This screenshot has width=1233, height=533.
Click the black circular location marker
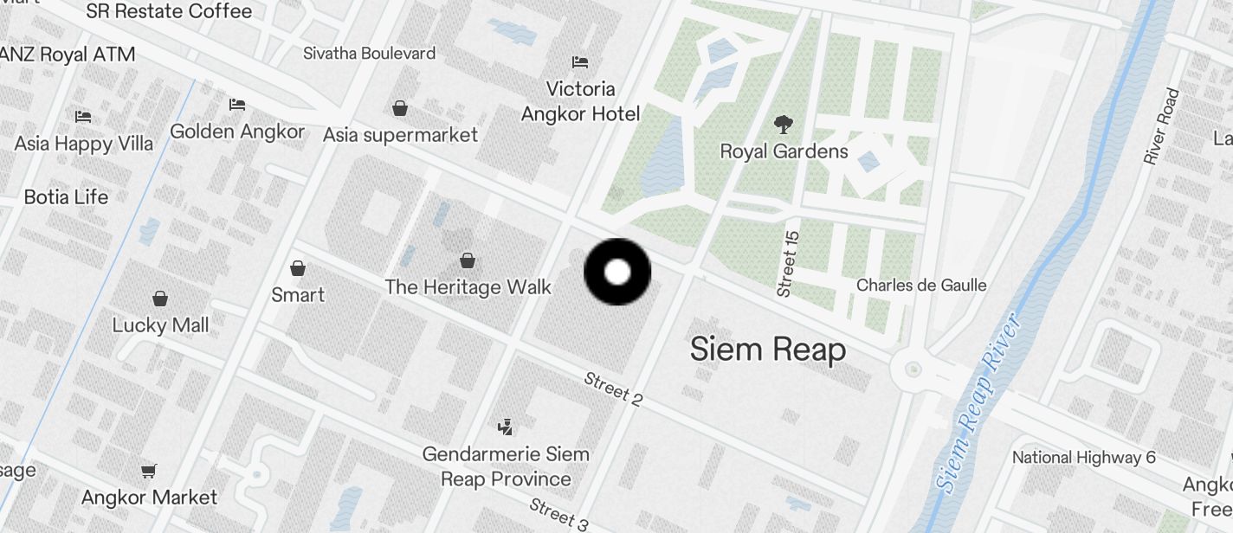[617, 273]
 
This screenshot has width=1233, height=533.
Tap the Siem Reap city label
[767, 350]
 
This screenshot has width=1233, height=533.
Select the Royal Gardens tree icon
[783, 125]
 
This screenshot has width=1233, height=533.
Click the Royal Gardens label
[784, 151]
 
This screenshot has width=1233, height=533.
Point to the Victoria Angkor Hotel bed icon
[580, 62]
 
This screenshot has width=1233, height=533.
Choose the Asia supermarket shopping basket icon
[400, 108]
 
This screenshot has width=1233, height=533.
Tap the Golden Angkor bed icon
[237, 105]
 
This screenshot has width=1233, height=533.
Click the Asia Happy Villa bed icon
[83, 116]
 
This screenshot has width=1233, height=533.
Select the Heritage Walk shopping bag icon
[468, 260]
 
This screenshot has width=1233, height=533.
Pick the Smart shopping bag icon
[298, 268]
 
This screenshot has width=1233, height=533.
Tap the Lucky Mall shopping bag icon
[160, 299]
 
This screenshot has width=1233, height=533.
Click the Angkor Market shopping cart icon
[149, 472]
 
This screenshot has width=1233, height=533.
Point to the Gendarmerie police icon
[506, 427]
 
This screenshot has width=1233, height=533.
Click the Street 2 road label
[613, 389]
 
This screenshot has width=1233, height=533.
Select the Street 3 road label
[558, 514]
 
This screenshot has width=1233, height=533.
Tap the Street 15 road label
[788, 264]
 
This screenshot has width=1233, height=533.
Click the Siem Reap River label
[979, 405]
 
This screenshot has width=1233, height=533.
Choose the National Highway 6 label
[1083, 457]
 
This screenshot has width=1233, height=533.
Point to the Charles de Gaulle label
[921, 285]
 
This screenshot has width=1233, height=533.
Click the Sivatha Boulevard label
[369, 54]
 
